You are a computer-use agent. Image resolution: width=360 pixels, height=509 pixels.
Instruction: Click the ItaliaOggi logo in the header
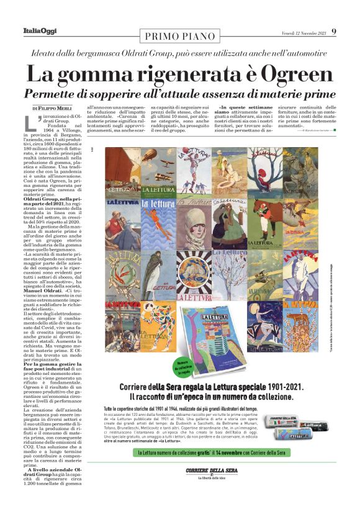coord(40,32)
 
